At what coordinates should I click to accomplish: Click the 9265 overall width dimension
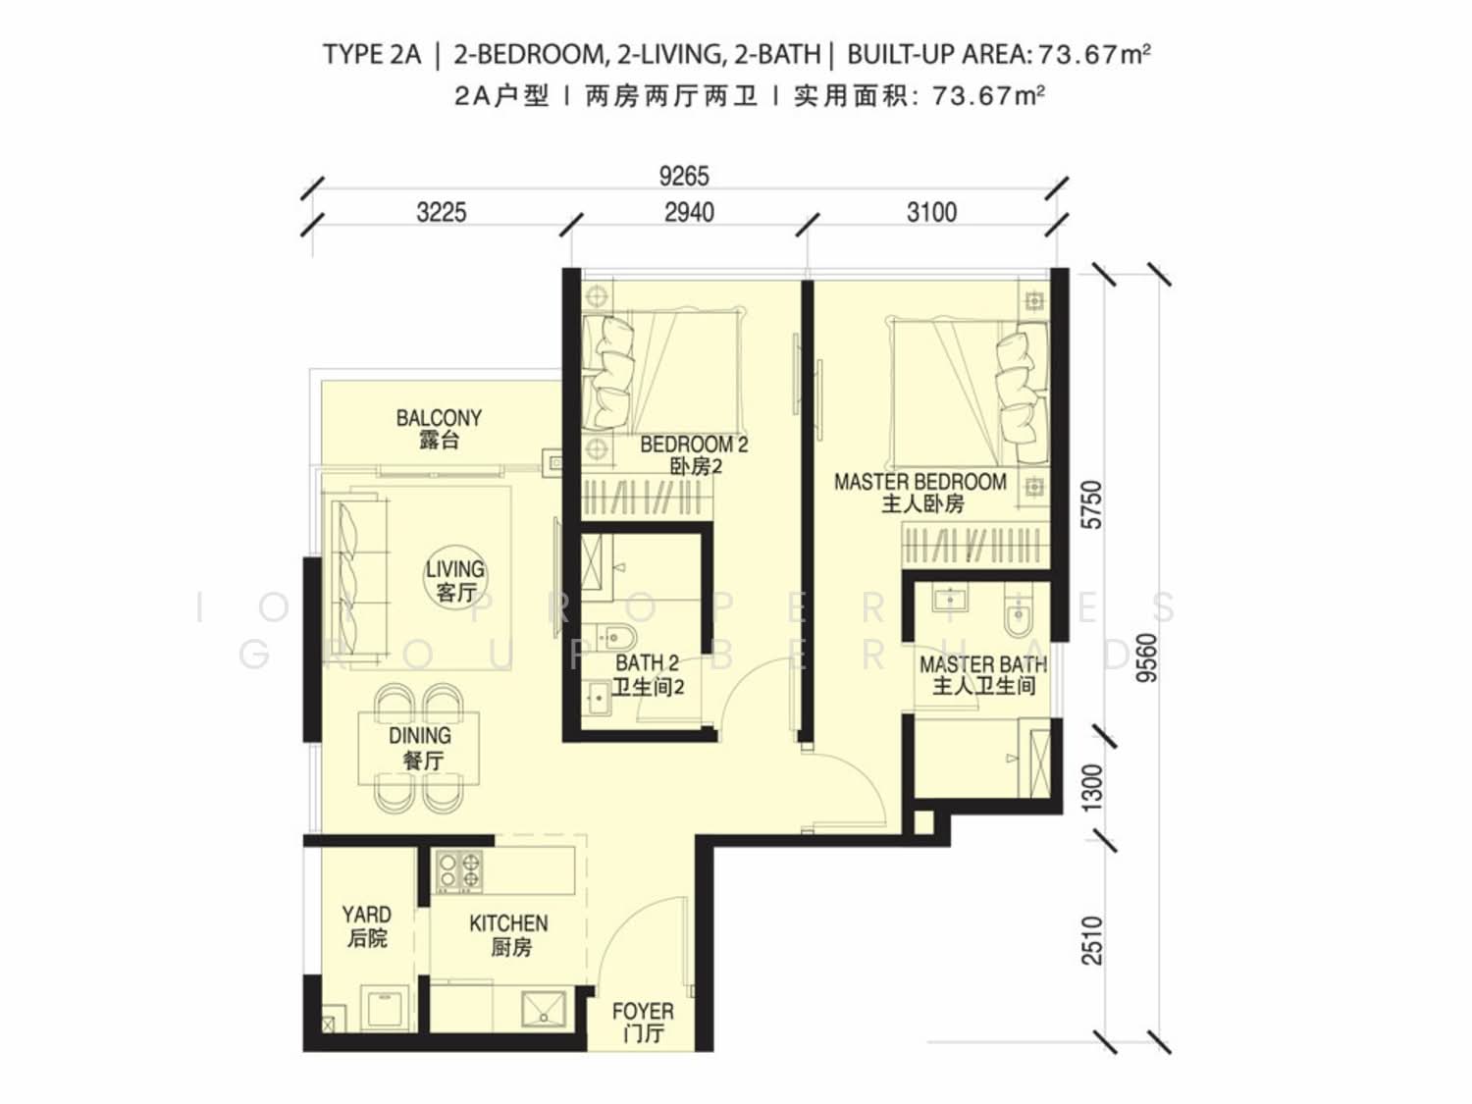[x=683, y=177]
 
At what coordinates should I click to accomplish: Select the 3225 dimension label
[x=442, y=213]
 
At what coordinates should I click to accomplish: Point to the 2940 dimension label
[x=690, y=213]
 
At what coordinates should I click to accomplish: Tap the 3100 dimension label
[x=931, y=213]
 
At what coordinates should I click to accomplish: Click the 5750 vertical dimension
[x=1092, y=504]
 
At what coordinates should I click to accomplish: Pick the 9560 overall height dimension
[x=1147, y=658]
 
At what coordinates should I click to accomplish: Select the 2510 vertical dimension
[x=1092, y=940]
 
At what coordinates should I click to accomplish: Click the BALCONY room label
[x=439, y=418]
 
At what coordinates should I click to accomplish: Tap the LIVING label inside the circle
[x=454, y=570]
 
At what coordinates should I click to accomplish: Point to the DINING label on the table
[x=420, y=735]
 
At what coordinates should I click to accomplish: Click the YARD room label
[x=366, y=915]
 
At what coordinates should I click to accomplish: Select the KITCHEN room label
[x=508, y=923]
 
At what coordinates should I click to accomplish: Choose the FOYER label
[x=643, y=1012]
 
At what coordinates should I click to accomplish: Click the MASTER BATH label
[x=983, y=664]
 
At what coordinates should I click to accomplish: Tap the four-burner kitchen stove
[x=458, y=870]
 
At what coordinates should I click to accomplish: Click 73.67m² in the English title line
[x=1094, y=54]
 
